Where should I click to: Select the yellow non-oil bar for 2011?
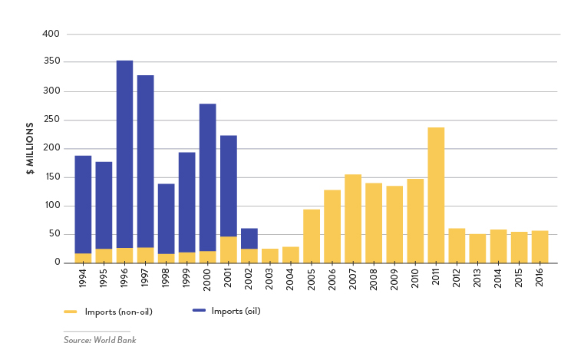[x=436, y=195]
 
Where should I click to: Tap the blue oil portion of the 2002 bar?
[x=249, y=238]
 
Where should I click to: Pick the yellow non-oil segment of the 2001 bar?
[x=228, y=249]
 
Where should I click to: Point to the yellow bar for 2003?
[x=269, y=256]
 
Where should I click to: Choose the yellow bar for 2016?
[x=539, y=246]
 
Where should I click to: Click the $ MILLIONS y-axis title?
[x=30, y=149]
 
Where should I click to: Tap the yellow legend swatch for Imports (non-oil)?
[x=71, y=312]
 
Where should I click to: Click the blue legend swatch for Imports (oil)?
[x=199, y=310]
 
